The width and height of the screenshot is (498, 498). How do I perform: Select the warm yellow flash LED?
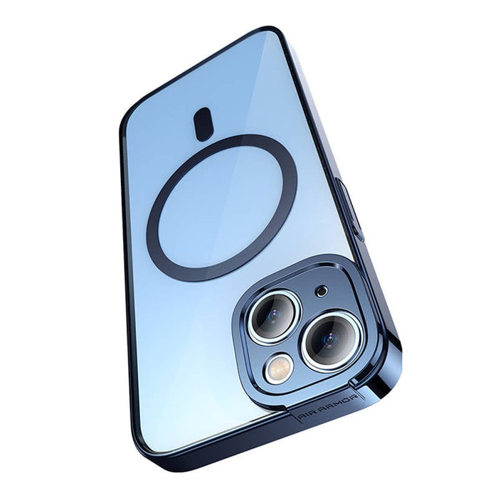[280, 369]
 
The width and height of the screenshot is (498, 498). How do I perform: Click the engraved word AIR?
[304, 413]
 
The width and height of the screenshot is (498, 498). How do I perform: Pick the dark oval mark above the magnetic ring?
[203, 124]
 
